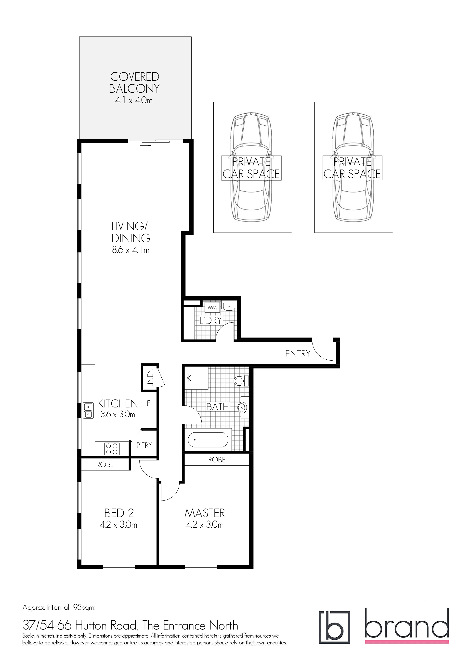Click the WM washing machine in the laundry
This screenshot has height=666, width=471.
[212, 307]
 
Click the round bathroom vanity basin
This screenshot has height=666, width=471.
[242, 407]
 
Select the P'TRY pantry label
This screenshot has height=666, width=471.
[144, 445]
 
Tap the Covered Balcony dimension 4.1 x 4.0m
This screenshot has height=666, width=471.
[134, 100]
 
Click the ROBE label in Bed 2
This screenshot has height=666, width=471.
[105, 464]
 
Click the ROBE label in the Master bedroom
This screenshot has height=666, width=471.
[217, 460]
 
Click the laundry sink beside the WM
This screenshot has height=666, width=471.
[229, 306]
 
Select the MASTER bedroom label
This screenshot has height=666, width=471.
[205, 513]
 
